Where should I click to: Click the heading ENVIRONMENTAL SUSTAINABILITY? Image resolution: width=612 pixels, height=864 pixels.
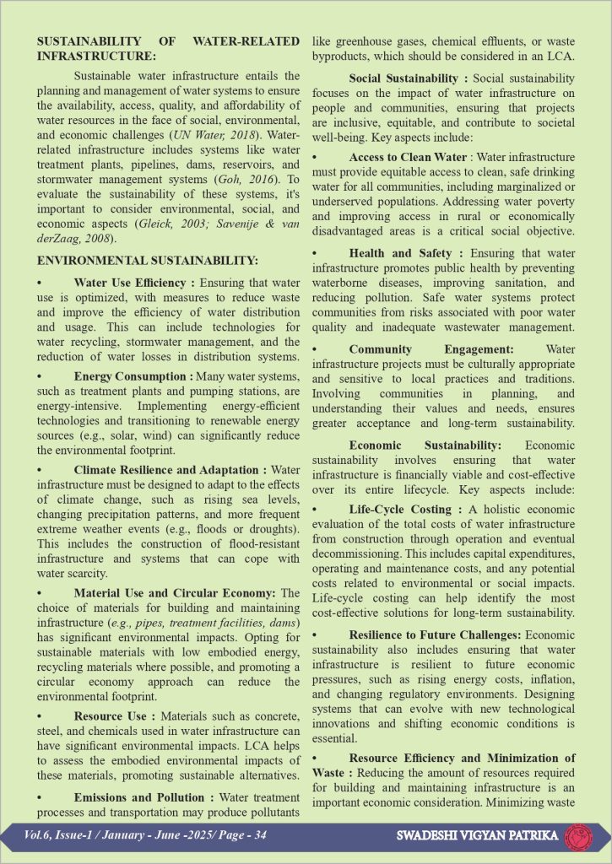pos(148,262)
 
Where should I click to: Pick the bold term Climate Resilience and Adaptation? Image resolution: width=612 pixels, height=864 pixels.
pos(167,469)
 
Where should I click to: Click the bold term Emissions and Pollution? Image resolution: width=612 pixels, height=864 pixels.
pos(139,797)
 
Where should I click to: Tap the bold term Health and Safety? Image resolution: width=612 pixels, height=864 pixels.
pos(401,253)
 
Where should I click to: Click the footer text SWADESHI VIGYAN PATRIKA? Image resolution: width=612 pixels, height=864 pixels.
pos(477,836)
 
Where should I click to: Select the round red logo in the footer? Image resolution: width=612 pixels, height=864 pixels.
pos(579,835)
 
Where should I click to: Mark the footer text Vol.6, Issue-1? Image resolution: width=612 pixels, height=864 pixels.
pos(52,835)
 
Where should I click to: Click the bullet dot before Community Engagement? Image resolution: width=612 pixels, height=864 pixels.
pos(315,349)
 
